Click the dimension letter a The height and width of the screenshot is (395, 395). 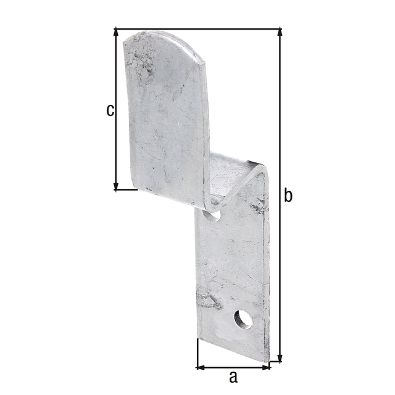point(233,376)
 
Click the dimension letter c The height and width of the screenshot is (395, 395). point(109,110)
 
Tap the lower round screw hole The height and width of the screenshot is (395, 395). point(243,319)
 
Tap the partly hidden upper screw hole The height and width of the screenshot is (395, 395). point(212,215)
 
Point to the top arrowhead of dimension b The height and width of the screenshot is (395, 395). point(280,33)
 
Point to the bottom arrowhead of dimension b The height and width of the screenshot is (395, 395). point(280,357)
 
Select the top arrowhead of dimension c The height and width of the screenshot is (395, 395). point(116,33)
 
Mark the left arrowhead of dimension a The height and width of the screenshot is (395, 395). point(201,367)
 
